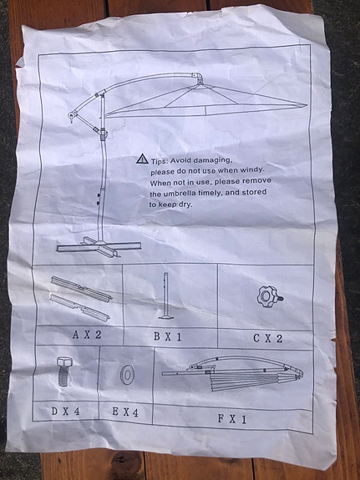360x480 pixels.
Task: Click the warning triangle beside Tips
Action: click(x=142, y=159)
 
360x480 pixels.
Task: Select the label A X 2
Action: click(x=87, y=335)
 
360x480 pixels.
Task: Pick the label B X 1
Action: click(x=168, y=336)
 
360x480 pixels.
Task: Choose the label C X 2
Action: click(x=267, y=338)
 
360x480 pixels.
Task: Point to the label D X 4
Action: click(x=65, y=411)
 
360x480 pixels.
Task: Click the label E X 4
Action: click(x=125, y=412)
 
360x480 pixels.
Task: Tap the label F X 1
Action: click(x=232, y=419)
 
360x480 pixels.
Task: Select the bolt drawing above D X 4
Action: click(x=64, y=371)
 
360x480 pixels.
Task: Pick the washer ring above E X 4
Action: click(x=126, y=375)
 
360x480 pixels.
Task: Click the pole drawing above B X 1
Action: click(x=166, y=296)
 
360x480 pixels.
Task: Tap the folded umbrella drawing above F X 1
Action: click(x=233, y=374)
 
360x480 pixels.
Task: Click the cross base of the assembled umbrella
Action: click(x=99, y=246)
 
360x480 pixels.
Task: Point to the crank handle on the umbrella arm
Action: click(x=71, y=116)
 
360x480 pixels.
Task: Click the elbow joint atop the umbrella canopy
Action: click(x=198, y=78)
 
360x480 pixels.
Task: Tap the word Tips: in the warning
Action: click(x=159, y=161)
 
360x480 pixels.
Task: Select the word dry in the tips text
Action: click(x=185, y=205)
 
